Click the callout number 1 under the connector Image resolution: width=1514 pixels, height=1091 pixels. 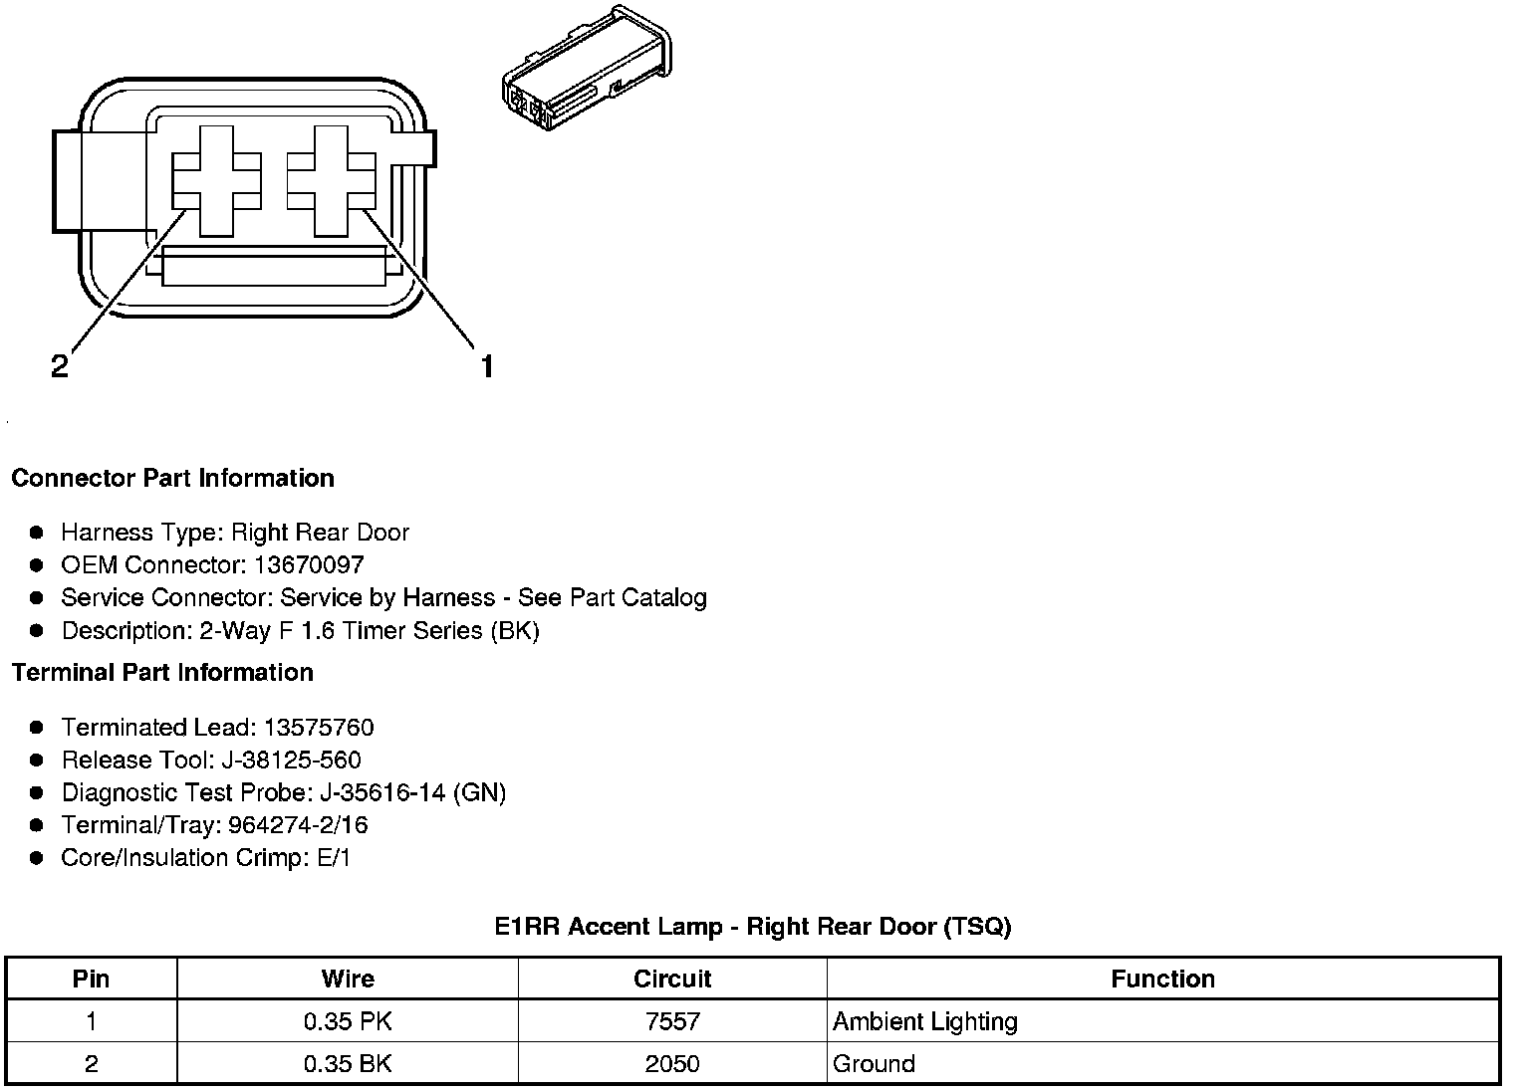coord(486,367)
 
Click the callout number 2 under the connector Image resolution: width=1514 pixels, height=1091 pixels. coord(60,367)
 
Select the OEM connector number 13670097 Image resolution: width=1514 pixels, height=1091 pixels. coord(309,565)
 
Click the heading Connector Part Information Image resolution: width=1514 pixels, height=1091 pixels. coord(172,479)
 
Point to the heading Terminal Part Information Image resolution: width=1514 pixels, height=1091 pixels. coord(162,673)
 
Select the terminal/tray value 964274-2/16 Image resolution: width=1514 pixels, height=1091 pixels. coord(298,825)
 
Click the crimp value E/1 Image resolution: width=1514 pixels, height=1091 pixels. coord(334,858)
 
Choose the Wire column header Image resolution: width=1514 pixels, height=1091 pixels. coord(348,979)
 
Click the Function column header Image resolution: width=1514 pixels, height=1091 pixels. coord(1162,979)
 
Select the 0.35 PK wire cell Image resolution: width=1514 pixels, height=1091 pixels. coord(348,1021)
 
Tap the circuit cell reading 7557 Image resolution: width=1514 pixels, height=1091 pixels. coord(672,1021)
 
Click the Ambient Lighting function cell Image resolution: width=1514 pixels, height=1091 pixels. coord(925,1021)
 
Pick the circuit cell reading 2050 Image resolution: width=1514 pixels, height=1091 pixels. coord(672,1063)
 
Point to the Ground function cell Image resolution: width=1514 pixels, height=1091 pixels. coord(874,1063)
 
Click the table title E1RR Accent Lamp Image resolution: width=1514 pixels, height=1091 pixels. coord(753,927)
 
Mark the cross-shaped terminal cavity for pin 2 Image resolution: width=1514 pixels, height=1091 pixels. coord(216,181)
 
